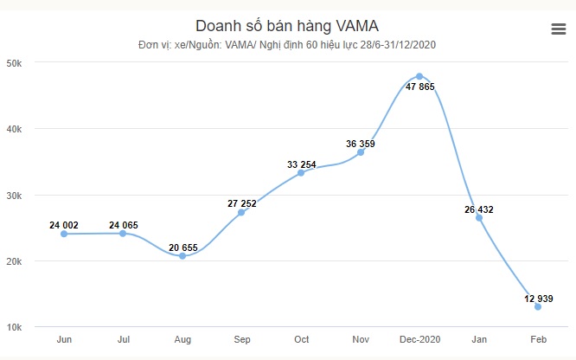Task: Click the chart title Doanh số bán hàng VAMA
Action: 275,25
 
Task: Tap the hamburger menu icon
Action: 559,29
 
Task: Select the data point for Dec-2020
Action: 419,76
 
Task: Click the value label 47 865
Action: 419,88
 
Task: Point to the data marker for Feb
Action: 538,306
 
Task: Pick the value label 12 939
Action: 538,299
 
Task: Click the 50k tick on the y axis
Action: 16,63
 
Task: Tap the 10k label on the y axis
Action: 16,327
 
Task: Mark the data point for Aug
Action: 182,256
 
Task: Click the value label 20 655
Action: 182,247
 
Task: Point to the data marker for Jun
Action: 64,234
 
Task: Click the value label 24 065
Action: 123,225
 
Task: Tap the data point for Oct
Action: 301,172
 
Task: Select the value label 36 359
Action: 360,143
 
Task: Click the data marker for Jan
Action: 479,217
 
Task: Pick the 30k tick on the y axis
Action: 16,196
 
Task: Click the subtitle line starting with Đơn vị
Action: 275,45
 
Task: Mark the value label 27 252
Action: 242,203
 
